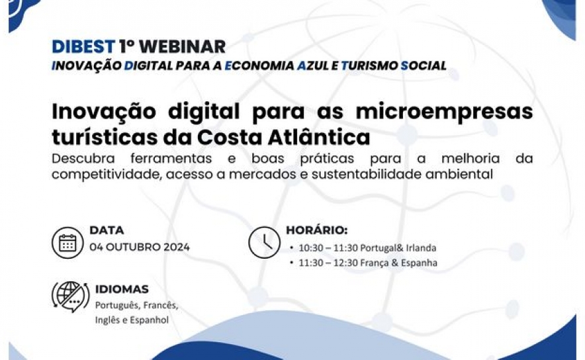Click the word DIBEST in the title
(83, 46)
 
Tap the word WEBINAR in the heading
(182, 46)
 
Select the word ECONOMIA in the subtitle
(259, 66)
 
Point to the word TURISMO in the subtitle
(369, 66)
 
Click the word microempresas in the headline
(444, 112)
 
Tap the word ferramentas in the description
(171, 159)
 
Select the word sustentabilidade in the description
(367, 174)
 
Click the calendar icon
(67, 243)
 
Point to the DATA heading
(107, 230)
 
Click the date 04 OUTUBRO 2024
(140, 247)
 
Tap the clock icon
(264, 242)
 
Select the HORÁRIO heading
(317, 230)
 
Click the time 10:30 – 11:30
(328, 247)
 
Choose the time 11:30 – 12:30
(328, 263)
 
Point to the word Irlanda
(421, 247)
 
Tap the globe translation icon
(71, 296)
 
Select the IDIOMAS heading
(122, 289)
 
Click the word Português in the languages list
(116, 306)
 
